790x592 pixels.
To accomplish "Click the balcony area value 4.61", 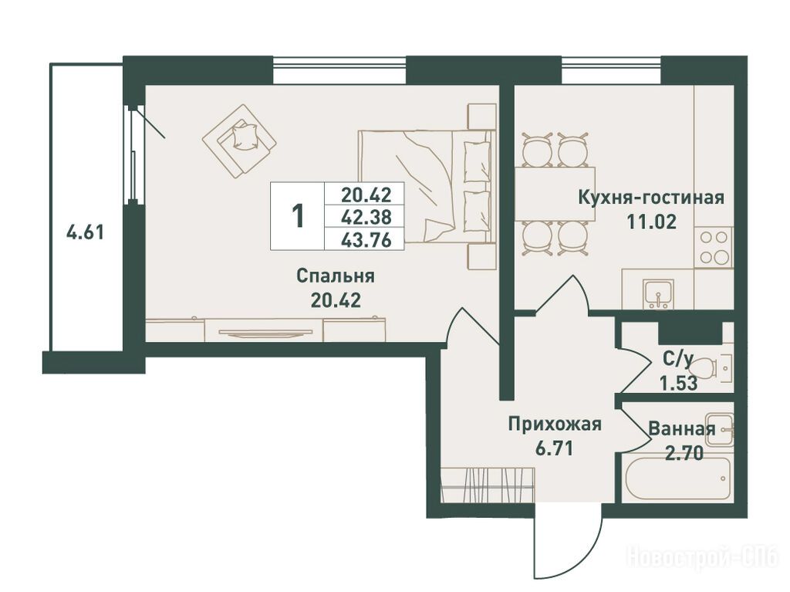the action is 85,232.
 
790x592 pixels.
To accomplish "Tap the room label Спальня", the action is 336,276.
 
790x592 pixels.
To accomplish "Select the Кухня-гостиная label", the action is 651,197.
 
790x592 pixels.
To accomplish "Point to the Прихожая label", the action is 555,424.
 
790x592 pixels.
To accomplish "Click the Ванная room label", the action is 682,429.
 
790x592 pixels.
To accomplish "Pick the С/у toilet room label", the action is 678,359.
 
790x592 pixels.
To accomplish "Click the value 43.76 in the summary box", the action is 366,240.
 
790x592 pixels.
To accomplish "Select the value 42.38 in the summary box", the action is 366,218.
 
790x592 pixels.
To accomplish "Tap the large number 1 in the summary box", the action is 299,216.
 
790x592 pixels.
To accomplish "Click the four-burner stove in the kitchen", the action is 714,247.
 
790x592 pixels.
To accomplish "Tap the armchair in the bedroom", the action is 239,140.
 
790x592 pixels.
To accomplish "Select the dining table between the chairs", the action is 555,194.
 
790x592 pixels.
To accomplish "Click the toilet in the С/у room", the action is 711,369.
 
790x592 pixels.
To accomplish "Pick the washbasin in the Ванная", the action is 719,430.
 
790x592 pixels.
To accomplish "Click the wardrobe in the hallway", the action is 488,485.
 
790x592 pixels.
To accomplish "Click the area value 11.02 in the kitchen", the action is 651,222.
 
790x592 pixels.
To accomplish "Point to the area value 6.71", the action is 555,448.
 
